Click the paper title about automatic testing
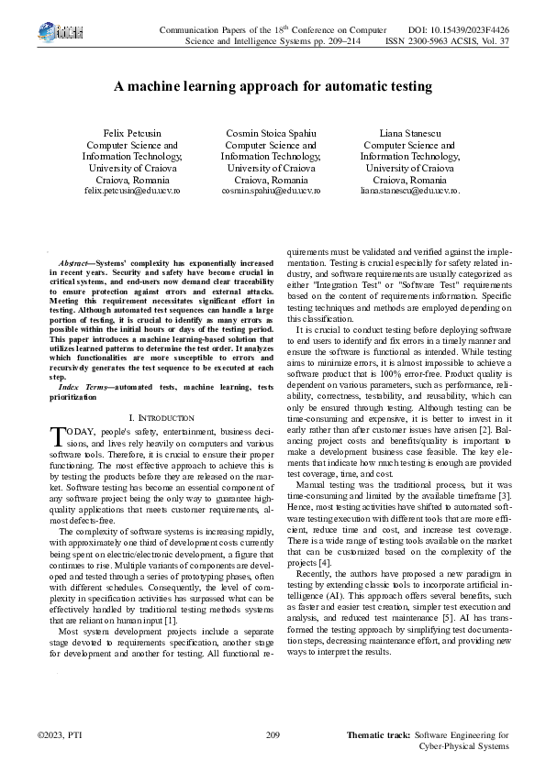click(273, 87)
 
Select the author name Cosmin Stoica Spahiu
click(271, 134)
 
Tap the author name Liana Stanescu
click(409, 134)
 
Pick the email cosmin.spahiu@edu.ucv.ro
click(271, 192)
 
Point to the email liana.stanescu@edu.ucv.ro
click(409, 192)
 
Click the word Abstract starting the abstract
click(73, 263)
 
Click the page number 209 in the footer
click(272, 735)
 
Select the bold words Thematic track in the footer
click(378, 735)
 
